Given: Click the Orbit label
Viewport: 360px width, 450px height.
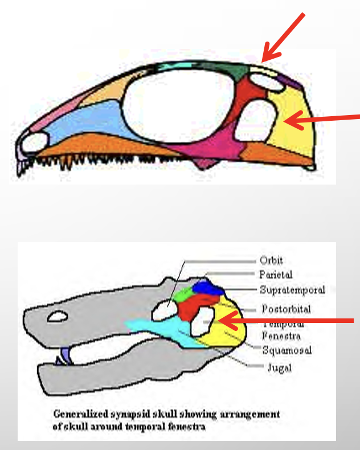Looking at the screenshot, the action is click(272, 261).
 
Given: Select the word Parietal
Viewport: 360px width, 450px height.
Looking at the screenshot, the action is click(276, 275).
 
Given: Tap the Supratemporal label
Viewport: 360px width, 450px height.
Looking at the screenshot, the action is click(292, 290).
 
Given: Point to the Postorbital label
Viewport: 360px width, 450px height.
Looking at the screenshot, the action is click(286, 309).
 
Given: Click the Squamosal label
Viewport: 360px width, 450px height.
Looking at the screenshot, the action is click(287, 350).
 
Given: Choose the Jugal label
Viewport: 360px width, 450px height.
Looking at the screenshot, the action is click(279, 368).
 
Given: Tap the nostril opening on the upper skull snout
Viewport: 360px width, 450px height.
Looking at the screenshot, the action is click(34, 142).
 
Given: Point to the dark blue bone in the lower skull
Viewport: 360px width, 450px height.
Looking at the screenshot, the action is click(206, 287).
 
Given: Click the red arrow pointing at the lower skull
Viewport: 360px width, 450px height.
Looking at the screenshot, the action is click(285, 322).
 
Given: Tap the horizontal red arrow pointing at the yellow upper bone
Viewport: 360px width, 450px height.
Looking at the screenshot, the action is click(322, 118).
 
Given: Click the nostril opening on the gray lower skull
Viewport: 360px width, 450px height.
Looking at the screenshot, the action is click(58, 317).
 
